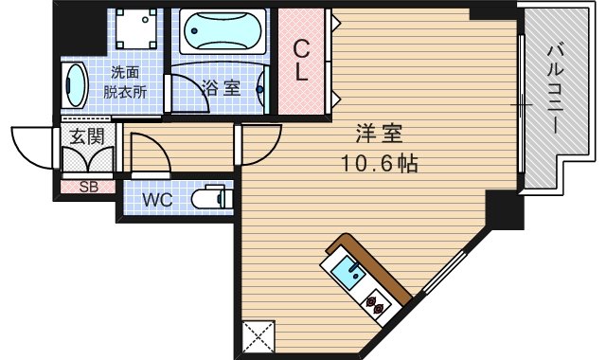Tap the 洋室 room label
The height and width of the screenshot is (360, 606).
373,132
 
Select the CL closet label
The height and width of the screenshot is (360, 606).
300,60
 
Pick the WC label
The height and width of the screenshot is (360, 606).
157,200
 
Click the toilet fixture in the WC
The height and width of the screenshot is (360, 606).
210,199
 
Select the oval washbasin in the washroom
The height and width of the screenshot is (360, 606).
73,87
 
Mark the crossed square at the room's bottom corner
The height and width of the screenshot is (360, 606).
258,337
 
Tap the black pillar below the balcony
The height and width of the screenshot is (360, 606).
504,210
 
